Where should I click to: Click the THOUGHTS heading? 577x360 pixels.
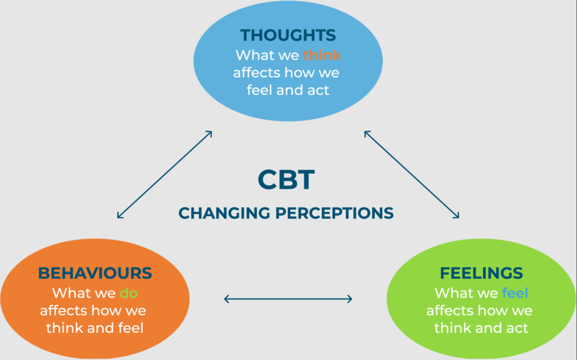point(288,35)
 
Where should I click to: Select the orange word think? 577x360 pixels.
point(322,55)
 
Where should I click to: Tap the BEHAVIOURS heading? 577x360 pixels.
point(95,273)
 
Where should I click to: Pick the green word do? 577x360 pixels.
point(129,294)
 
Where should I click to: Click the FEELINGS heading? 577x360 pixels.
point(481,273)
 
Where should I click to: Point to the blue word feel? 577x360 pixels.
point(515,293)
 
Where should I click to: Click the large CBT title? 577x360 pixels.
point(286,180)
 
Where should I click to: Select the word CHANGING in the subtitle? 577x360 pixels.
point(224,213)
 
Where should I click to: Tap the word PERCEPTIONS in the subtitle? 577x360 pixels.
point(335,213)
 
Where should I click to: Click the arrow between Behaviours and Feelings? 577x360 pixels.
point(288,299)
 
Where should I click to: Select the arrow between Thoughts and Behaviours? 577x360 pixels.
point(165,175)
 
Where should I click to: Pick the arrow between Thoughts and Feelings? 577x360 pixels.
point(411,175)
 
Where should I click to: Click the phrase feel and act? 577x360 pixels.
point(288,90)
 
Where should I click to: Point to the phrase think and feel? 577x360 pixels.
point(95,328)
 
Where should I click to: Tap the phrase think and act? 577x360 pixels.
point(481,328)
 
